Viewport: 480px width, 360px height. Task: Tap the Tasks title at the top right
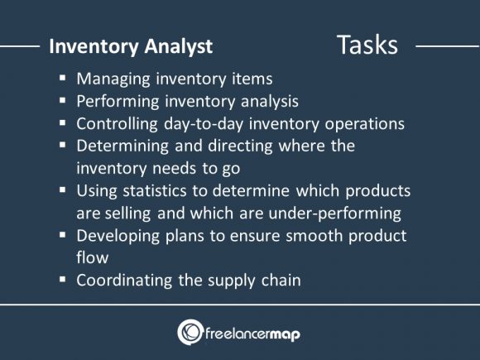(x=367, y=45)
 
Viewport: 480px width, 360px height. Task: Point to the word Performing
(x=117, y=103)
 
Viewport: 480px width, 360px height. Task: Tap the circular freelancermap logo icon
(x=190, y=332)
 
